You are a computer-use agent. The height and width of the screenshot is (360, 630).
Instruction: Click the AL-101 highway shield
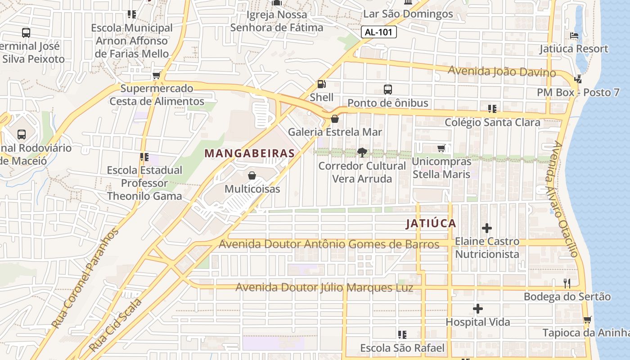point(378,32)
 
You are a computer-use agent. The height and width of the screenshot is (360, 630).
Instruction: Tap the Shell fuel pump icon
point(321,84)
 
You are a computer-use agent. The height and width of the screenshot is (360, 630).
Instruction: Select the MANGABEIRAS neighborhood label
point(249,153)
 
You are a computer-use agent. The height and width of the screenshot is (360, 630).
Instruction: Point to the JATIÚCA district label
point(431,224)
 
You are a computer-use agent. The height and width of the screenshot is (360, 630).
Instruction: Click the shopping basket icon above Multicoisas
point(252,175)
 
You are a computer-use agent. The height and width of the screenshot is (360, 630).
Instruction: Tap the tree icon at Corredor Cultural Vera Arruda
point(362,153)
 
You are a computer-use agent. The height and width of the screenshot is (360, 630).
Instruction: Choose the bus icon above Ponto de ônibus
point(388,89)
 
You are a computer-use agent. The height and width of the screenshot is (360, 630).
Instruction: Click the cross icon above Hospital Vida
point(478,309)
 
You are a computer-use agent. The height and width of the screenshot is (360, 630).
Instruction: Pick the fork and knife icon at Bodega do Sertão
point(567,283)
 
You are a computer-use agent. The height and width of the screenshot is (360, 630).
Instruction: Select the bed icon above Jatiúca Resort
point(574,35)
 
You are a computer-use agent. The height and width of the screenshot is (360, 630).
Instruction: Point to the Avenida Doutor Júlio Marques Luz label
point(324,288)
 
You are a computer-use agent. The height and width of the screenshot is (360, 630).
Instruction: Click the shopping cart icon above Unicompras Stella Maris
point(441,148)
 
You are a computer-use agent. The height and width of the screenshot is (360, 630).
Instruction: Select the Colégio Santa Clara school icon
point(492,108)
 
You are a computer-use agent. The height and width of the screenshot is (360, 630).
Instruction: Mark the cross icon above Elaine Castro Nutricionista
point(486,228)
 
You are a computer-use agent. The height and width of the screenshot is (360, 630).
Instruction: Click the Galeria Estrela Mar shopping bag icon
point(335,119)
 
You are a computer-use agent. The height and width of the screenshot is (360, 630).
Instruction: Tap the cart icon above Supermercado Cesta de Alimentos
point(157,75)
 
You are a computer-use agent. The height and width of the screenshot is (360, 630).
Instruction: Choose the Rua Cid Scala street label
point(116,325)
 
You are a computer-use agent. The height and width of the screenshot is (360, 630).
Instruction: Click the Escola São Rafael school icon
point(402,334)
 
